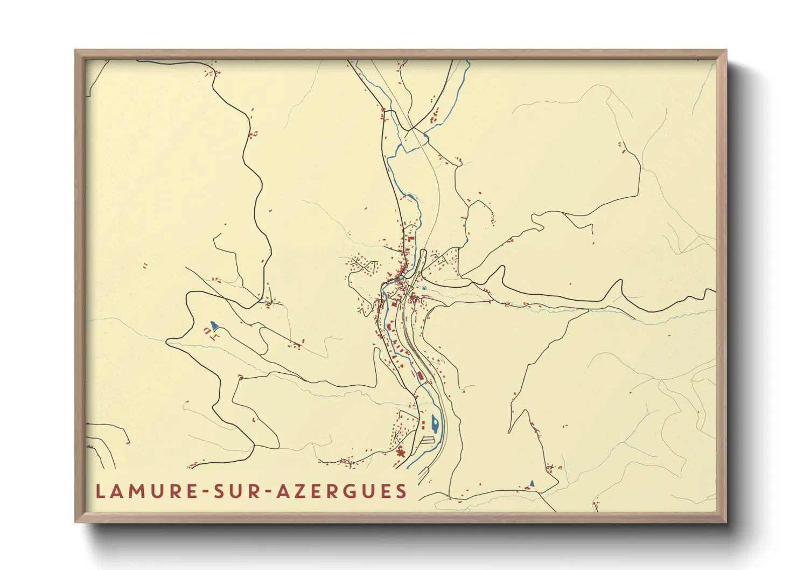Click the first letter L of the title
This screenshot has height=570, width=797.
coord(100,491)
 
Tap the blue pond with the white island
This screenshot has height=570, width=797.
coord(435,422)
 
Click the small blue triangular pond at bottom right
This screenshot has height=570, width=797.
coord(532,483)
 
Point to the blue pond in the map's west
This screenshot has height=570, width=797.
coord(214,325)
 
